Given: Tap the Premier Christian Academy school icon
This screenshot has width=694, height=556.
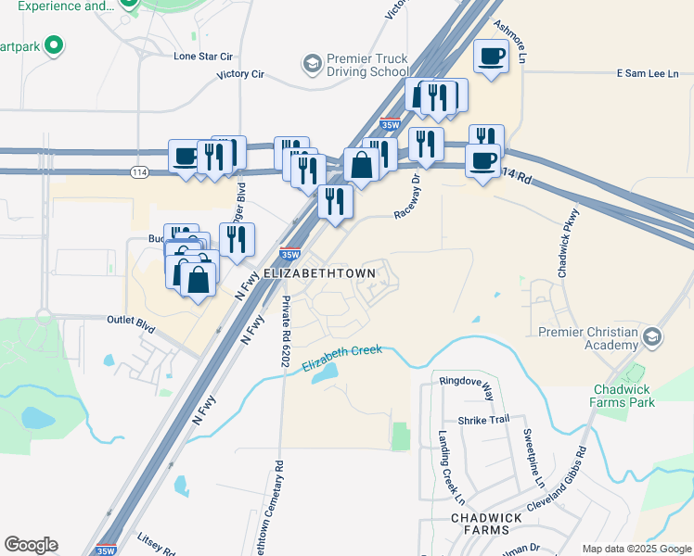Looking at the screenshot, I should pyautogui.click(x=654, y=337).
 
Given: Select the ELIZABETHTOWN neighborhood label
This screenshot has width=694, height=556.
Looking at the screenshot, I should pyautogui.click(x=319, y=274).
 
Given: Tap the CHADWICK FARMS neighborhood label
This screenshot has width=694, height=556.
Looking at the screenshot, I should pyautogui.click(x=480, y=524).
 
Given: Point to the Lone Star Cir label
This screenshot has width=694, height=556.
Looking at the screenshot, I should pyautogui.click(x=202, y=57).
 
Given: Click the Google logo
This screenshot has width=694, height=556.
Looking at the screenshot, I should pyautogui.click(x=31, y=545).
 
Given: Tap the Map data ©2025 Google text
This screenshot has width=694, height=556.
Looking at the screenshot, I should pyautogui.click(x=636, y=549).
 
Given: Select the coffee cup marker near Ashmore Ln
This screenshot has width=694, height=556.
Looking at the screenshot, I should pyautogui.click(x=492, y=57).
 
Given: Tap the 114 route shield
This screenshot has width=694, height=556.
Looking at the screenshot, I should pyautogui.click(x=139, y=172).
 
